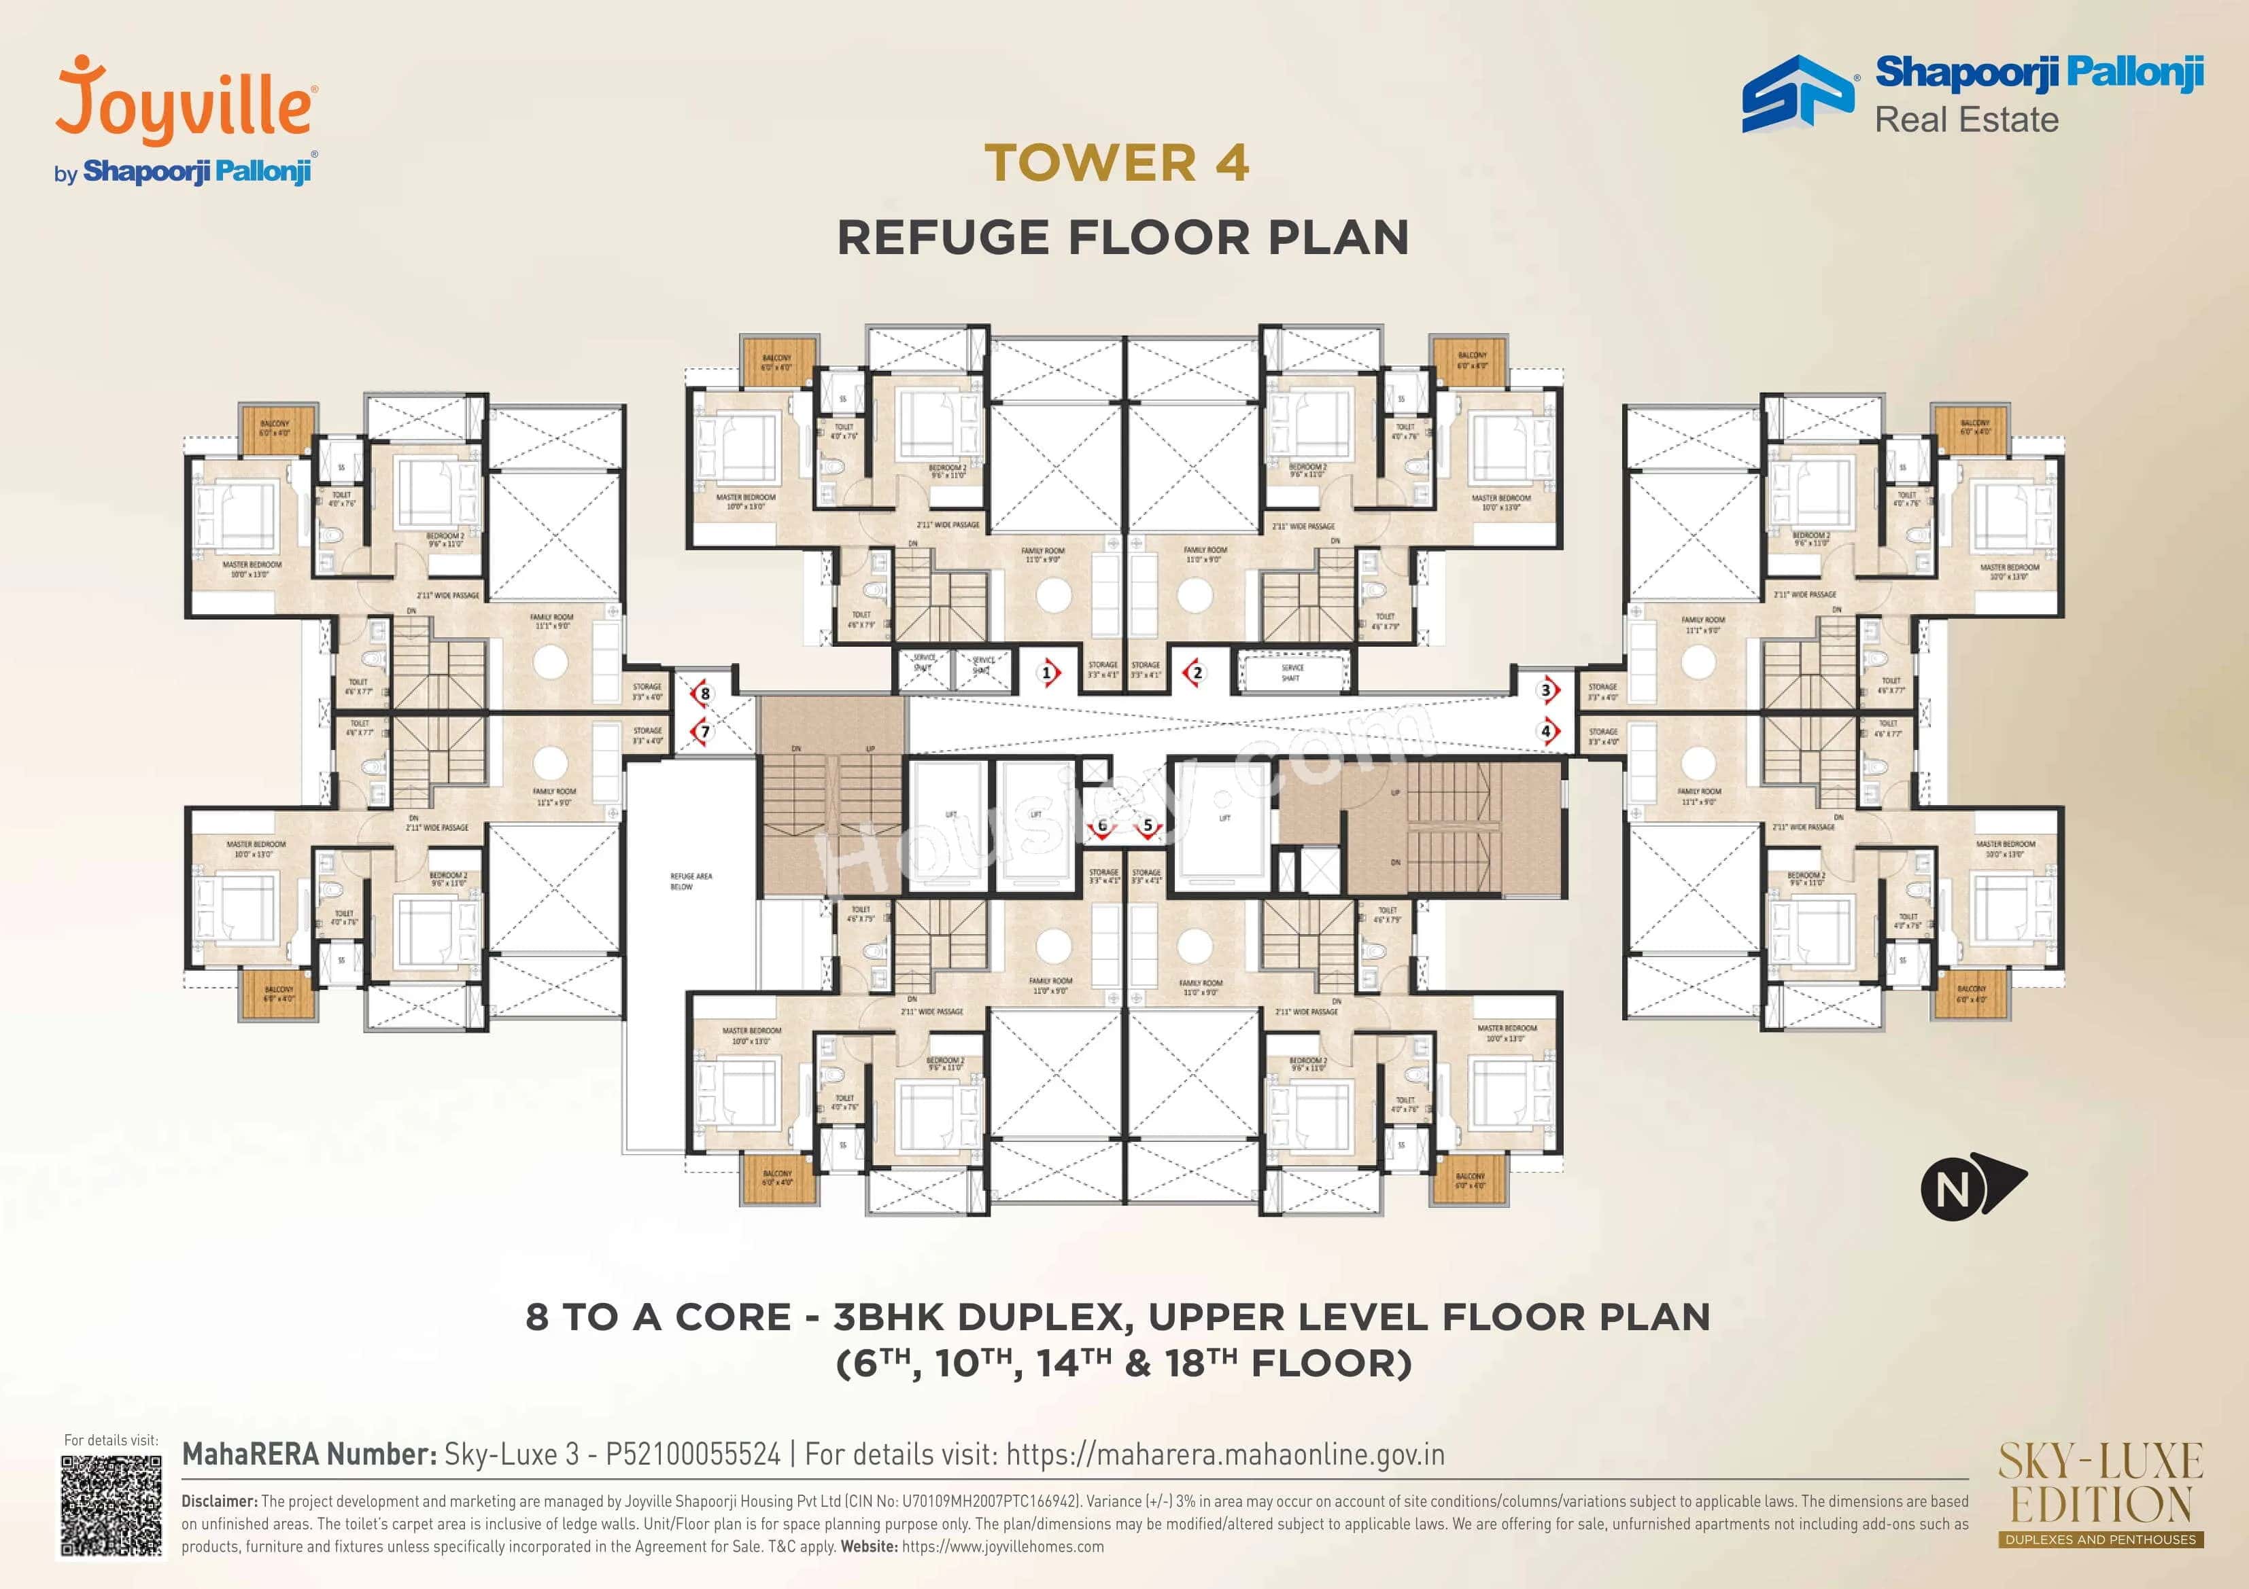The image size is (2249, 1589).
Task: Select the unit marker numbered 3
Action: [1547, 690]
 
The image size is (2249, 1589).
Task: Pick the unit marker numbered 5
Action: [1148, 826]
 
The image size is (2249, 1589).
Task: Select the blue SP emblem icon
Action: [1798, 94]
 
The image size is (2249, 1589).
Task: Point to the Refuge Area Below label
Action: [691, 881]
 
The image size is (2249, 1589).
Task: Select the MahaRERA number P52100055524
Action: [693, 1455]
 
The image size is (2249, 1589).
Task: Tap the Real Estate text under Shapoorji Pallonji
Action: [1966, 120]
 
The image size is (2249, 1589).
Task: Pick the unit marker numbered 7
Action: [703, 732]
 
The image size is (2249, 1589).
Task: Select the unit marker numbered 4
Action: [1547, 730]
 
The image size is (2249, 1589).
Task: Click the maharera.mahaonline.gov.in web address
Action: [1224, 1455]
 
